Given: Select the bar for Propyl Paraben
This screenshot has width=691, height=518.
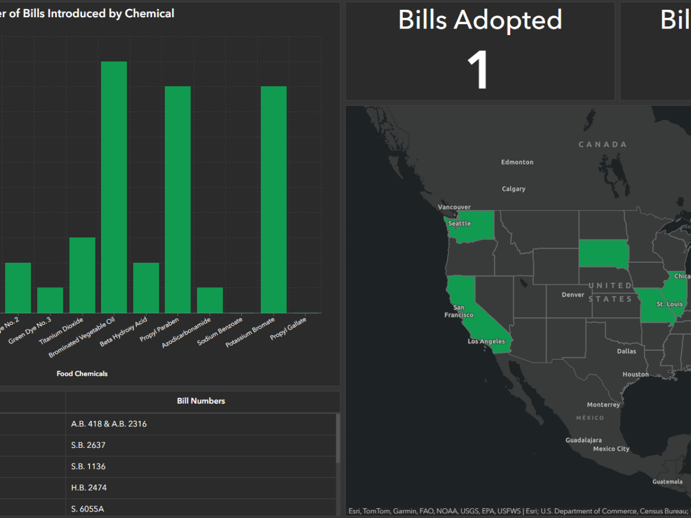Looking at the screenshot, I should pyautogui.click(x=178, y=199).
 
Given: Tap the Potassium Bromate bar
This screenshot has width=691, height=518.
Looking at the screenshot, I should pyautogui.click(x=274, y=199).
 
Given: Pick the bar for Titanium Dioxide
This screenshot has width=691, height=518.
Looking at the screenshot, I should pyautogui.click(x=82, y=275).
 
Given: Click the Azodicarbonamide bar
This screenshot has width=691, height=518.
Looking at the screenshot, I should pyautogui.click(x=209, y=300).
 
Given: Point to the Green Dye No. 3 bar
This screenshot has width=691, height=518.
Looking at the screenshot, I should pyautogui.click(x=50, y=300).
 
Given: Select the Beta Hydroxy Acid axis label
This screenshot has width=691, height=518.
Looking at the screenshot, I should pyautogui.click(x=124, y=331).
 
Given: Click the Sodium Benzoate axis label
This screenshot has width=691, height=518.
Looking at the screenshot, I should pyautogui.click(x=220, y=331).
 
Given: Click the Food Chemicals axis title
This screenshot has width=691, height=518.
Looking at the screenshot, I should pyautogui.click(x=82, y=373).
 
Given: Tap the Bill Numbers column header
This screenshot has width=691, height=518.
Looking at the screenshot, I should pyautogui.click(x=201, y=401).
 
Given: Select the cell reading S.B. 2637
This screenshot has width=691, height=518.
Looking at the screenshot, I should pyautogui.click(x=89, y=445).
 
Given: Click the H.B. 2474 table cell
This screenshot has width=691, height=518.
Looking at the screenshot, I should pyautogui.click(x=89, y=488).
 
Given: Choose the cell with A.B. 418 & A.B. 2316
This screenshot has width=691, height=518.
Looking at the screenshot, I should pyautogui.click(x=109, y=424).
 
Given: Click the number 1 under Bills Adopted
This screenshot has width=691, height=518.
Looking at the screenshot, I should pyautogui.click(x=478, y=70).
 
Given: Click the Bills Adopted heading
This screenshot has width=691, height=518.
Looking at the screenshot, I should pyautogui.click(x=480, y=20).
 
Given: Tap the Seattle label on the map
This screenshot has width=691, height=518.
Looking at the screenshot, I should pyautogui.click(x=459, y=223).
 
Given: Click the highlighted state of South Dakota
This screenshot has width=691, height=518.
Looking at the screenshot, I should pyautogui.click(x=603, y=254).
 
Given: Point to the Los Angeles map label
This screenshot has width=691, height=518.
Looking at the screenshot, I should pyautogui.click(x=486, y=342).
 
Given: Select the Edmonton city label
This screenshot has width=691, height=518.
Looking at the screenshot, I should pyautogui.click(x=517, y=162).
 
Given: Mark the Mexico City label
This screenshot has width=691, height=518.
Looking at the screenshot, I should pyautogui.click(x=611, y=449).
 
